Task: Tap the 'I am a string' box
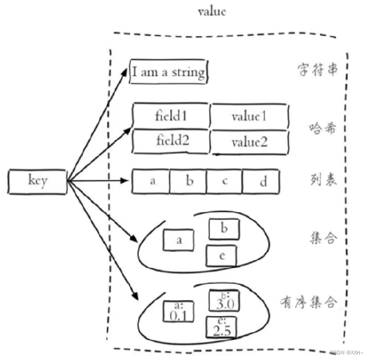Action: pyautogui.click(x=168, y=72)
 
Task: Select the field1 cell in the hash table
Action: pyautogui.click(x=171, y=116)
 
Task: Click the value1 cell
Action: pyautogui.click(x=250, y=116)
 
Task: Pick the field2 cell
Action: pyautogui.click(x=171, y=141)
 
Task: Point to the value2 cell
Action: pyautogui.click(x=250, y=142)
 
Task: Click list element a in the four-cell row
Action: pyautogui.click(x=151, y=182)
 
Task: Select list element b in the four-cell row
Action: pyautogui.click(x=188, y=182)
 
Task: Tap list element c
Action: pyautogui.click(x=224, y=182)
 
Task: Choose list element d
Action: pyautogui.click(x=261, y=182)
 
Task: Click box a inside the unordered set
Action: pyautogui.click(x=178, y=240)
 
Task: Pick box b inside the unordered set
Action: pyautogui.click(x=223, y=228)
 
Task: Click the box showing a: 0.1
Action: pyautogui.click(x=178, y=312)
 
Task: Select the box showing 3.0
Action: pyautogui.click(x=223, y=301)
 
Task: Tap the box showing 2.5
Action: pyautogui.click(x=221, y=327)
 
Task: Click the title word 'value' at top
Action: pyautogui.click(x=211, y=12)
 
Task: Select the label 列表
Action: pyautogui.click(x=323, y=181)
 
